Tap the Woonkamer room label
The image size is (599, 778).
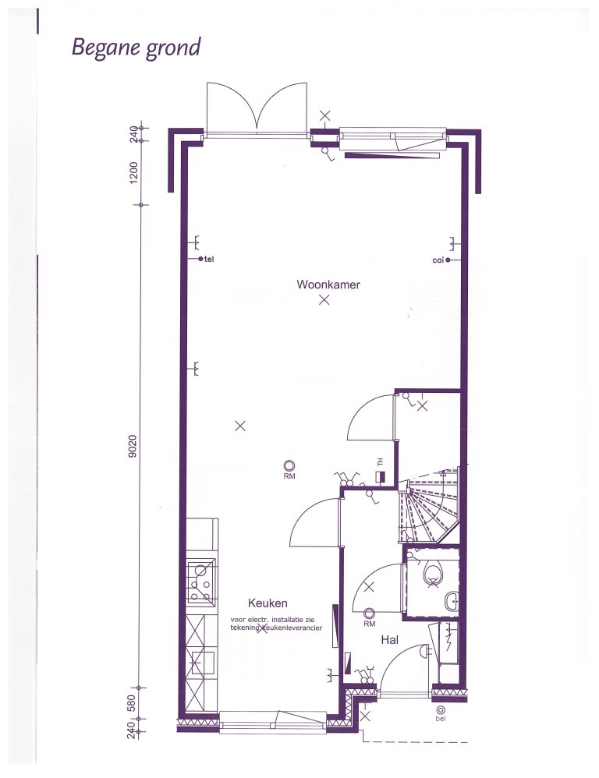328,285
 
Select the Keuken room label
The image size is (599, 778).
268,603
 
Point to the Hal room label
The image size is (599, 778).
390,640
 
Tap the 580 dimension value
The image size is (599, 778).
132,702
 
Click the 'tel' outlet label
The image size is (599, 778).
209,259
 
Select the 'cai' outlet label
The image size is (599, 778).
438,260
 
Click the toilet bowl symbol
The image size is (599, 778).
433,574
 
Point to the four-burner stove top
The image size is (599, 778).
202,582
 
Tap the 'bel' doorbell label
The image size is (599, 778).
440,718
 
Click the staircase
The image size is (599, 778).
429,506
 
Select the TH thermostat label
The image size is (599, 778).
381,462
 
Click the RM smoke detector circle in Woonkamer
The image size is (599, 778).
289,465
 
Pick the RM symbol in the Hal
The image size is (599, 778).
369,614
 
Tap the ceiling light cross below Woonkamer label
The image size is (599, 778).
324,299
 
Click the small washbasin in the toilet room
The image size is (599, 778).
452,602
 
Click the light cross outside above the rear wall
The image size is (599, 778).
324,116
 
